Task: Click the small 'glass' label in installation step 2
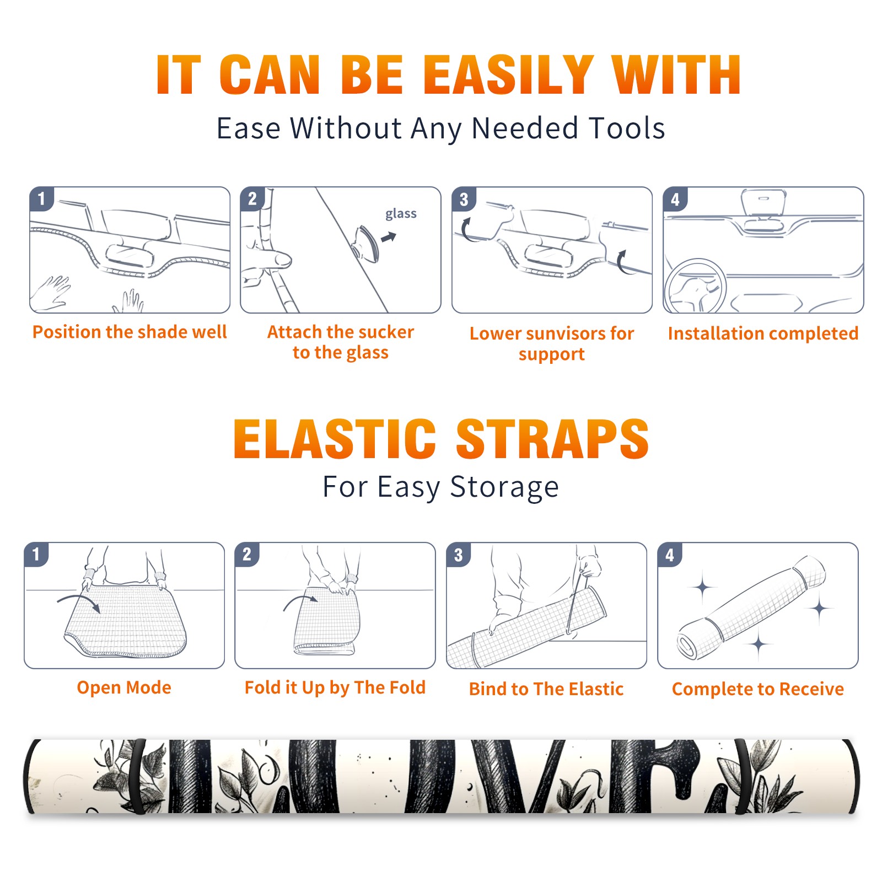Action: (401, 213)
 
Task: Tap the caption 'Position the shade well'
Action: (130, 332)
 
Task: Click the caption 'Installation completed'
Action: (763, 333)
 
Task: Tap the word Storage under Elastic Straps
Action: (504, 487)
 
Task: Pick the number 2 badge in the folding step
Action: (247, 554)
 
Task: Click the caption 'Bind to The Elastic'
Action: (546, 689)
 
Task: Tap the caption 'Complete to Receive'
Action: (758, 689)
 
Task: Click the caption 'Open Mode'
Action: (124, 687)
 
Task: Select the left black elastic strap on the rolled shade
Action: (137, 776)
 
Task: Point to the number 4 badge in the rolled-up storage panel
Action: (670, 554)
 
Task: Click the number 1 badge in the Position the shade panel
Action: (42, 198)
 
